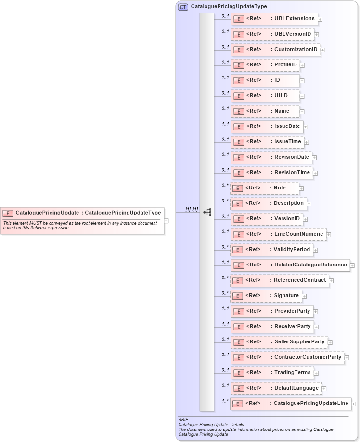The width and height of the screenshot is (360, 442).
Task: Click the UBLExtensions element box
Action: (x=274, y=19)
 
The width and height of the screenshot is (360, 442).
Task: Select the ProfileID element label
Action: (x=285, y=65)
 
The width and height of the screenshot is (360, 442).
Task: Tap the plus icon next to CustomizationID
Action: (x=323, y=50)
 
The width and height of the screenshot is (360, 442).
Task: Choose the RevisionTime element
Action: (x=271, y=173)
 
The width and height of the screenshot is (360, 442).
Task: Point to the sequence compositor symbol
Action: (x=207, y=212)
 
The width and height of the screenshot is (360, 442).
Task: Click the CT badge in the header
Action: (x=183, y=7)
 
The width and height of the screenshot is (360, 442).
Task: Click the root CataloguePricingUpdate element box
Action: (x=82, y=213)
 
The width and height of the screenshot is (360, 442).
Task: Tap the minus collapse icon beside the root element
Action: (x=166, y=221)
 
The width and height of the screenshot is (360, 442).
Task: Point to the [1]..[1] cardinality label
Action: (x=192, y=209)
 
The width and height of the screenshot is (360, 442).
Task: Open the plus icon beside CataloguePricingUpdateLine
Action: (x=354, y=404)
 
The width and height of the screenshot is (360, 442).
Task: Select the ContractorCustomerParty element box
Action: (x=287, y=357)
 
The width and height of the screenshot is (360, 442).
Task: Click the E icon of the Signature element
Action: (x=237, y=296)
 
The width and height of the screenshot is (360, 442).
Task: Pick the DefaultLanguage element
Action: (x=276, y=388)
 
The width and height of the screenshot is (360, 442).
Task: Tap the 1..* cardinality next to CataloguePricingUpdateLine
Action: (x=225, y=400)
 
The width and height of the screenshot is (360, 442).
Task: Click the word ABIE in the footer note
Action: (x=183, y=419)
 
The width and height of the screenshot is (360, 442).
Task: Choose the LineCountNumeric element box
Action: (x=278, y=234)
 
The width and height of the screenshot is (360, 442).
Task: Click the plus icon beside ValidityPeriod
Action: (x=316, y=250)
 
